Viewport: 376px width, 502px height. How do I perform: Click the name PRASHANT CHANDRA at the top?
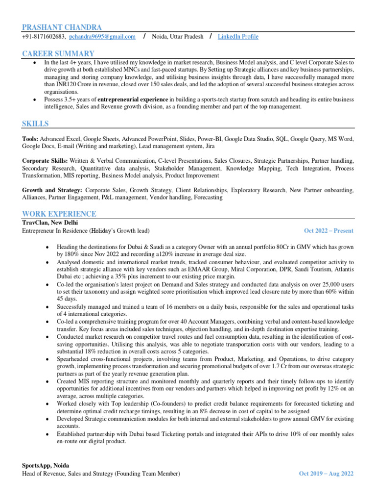pos(62,27)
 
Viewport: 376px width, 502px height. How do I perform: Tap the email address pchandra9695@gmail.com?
pos(102,37)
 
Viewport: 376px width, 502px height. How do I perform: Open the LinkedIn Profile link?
pos(238,37)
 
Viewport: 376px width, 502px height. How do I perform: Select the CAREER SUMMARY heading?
pos(58,53)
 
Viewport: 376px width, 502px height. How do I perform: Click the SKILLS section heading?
pos(35,124)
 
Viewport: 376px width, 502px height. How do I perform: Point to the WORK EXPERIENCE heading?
pos(59,214)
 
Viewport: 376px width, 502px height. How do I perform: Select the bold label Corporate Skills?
pos(45,161)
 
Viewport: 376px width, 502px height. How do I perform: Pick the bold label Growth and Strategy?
pos(52,190)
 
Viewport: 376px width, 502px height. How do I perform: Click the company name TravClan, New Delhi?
pos(50,222)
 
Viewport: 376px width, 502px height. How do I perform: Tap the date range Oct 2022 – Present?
pos(329,231)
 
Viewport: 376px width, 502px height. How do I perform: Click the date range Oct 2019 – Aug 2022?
pos(326,474)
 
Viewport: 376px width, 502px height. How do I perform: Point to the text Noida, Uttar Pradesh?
pos(178,37)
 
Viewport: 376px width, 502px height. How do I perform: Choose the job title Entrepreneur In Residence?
pos(54,231)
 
